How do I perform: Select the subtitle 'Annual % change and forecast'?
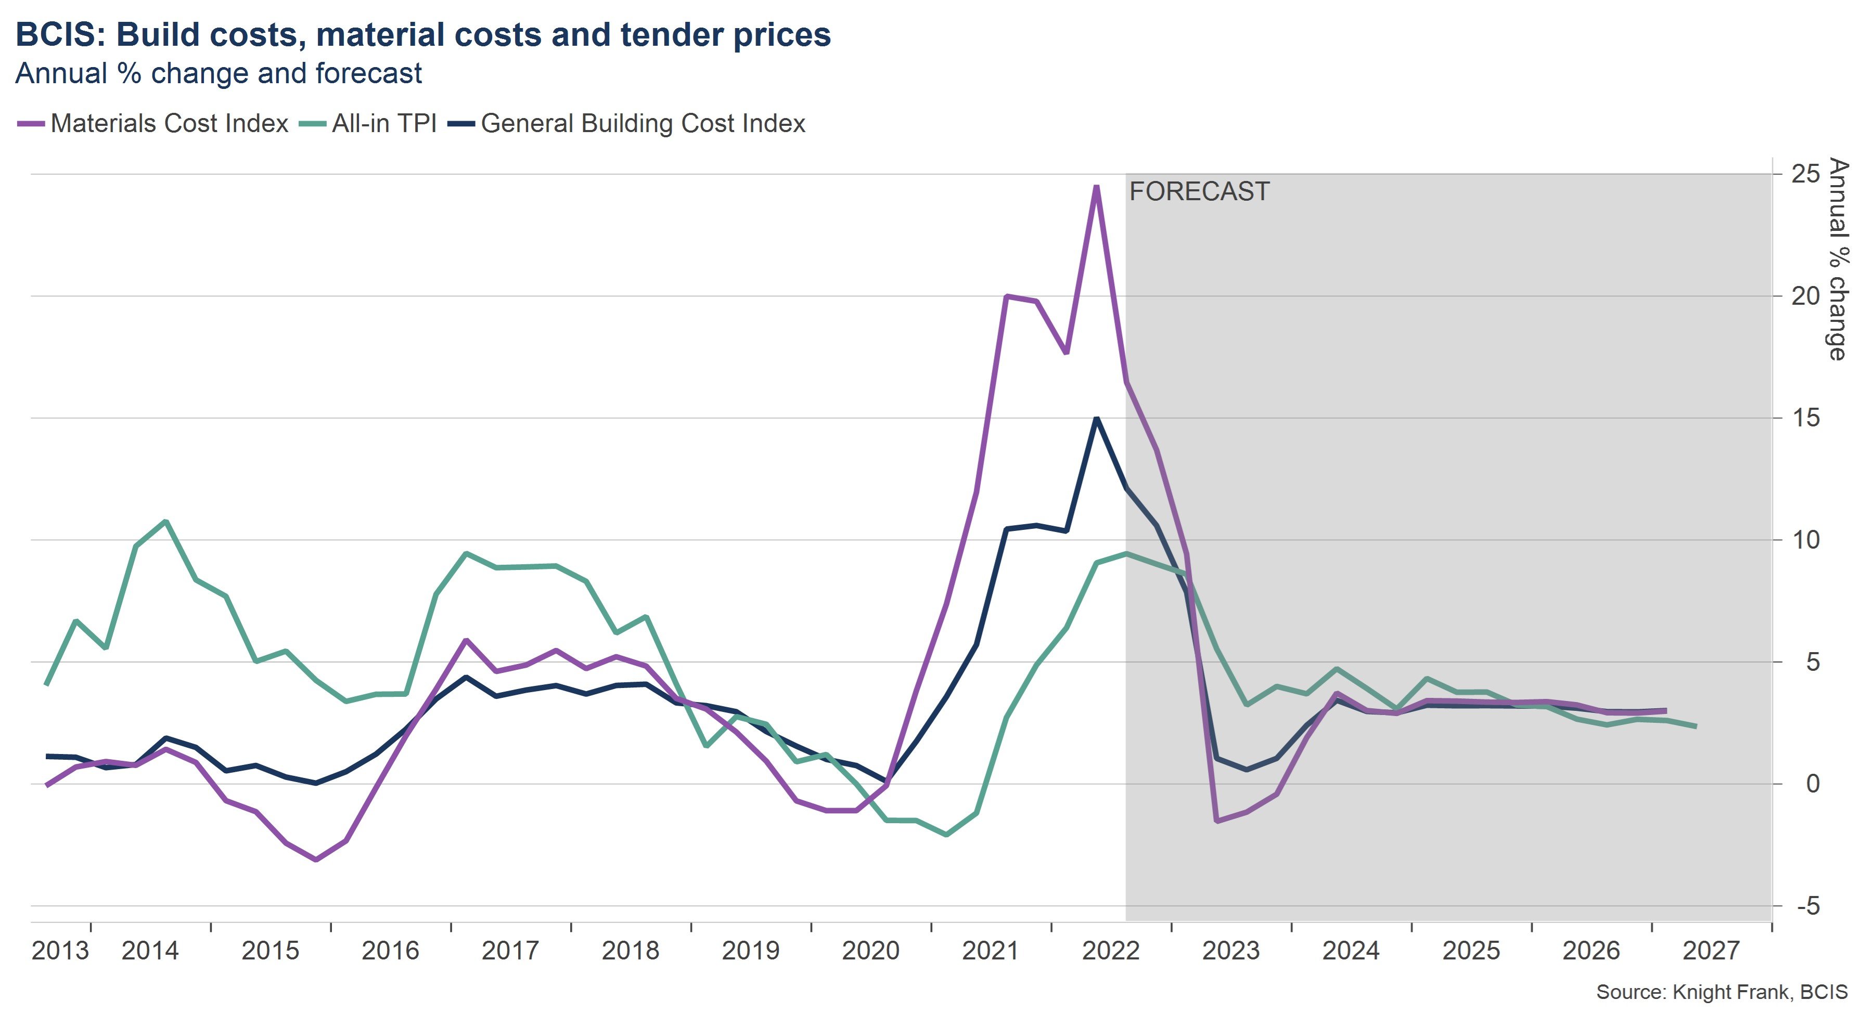[x=219, y=73]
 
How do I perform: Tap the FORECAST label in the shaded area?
[x=1199, y=191]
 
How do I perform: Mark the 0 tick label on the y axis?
[x=1813, y=784]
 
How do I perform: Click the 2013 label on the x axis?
[x=60, y=950]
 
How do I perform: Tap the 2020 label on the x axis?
[x=870, y=950]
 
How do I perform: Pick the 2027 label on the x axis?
[x=1711, y=950]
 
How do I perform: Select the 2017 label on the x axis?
[x=510, y=950]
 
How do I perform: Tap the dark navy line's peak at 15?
[x=1096, y=419]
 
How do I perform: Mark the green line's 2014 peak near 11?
[x=166, y=521]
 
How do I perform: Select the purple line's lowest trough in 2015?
[x=316, y=860]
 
